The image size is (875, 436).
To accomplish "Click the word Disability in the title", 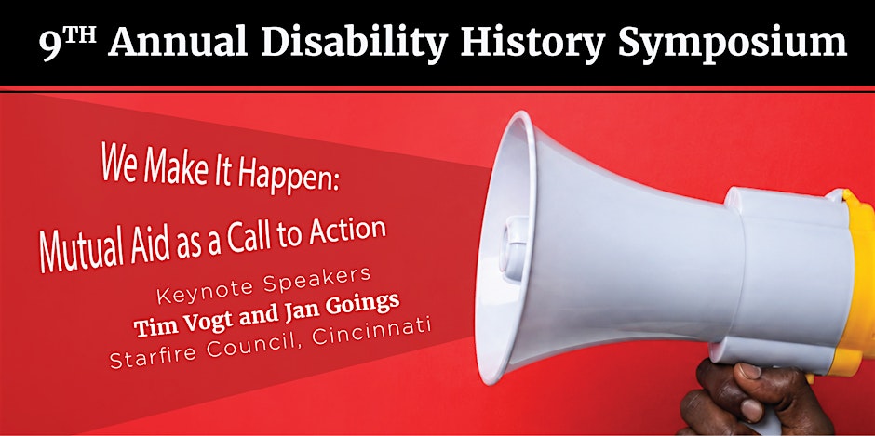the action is [x=354, y=43].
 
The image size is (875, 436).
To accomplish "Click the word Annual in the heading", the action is [x=178, y=43].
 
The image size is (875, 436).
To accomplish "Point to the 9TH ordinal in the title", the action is [x=68, y=43].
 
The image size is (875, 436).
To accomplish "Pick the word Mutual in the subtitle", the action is [x=79, y=250].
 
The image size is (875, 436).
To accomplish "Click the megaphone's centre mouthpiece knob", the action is [x=511, y=247].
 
